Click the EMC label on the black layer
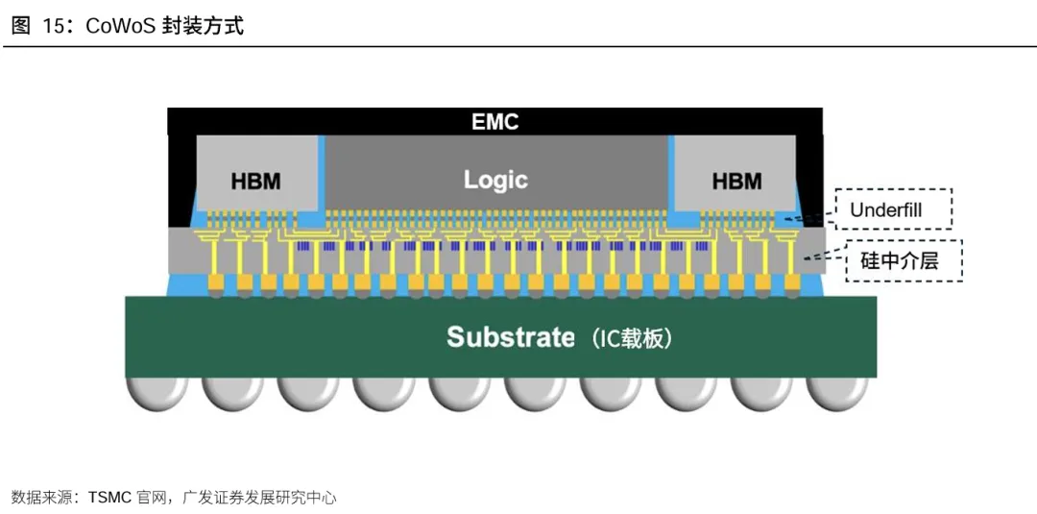point(494,122)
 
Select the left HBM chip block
point(256,173)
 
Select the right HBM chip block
point(735,173)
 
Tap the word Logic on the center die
point(495,180)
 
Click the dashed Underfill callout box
point(894,209)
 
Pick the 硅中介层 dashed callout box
point(904,260)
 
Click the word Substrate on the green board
point(511,336)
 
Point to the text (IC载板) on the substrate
point(633,338)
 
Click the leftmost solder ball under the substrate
point(157,393)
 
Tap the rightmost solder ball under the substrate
point(837,393)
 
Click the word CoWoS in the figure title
point(120,26)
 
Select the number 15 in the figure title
point(54,26)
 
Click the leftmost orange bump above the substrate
point(216,283)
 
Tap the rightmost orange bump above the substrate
point(792,283)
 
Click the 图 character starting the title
point(20,26)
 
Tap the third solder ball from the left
point(307,393)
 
